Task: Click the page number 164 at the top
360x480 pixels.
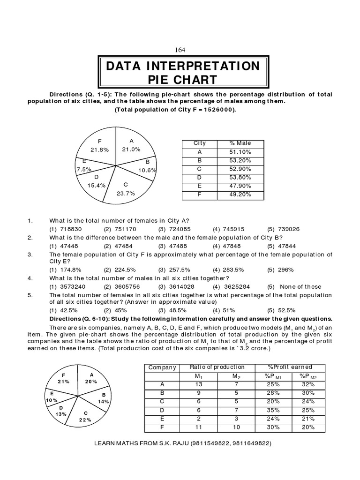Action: pyautogui.click(x=180, y=51)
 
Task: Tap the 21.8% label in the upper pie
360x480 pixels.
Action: pyautogui.click(x=99, y=150)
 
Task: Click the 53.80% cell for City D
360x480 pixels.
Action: pyautogui.click(x=240, y=178)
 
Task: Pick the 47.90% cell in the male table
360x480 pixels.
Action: pyautogui.click(x=240, y=186)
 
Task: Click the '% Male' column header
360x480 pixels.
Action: pyautogui.click(x=240, y=143)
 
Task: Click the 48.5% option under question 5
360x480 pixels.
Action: pyautogui.click(x=175, y=310)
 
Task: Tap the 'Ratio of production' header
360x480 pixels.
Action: pyautogui.click(x=217, y=367)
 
